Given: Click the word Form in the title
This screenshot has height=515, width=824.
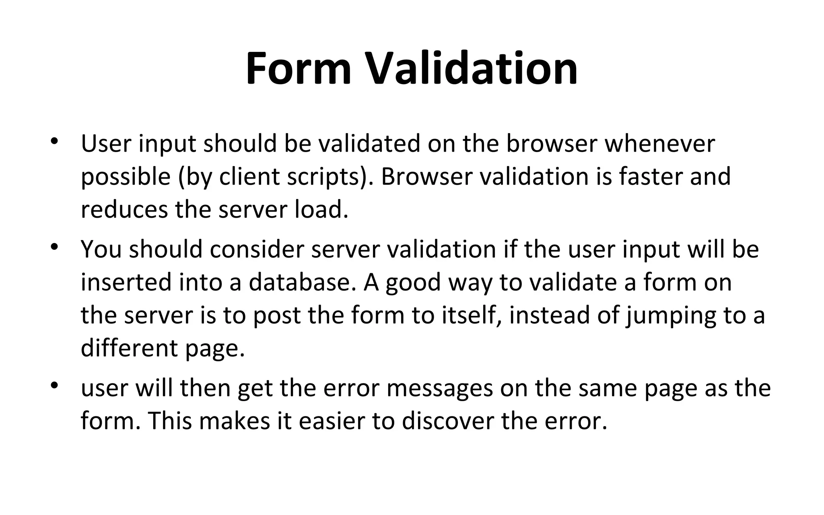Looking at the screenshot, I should tap(299, 69).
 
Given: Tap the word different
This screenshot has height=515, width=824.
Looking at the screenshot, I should tap(129, 348).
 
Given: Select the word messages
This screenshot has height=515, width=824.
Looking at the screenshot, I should tap(440, 389).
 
